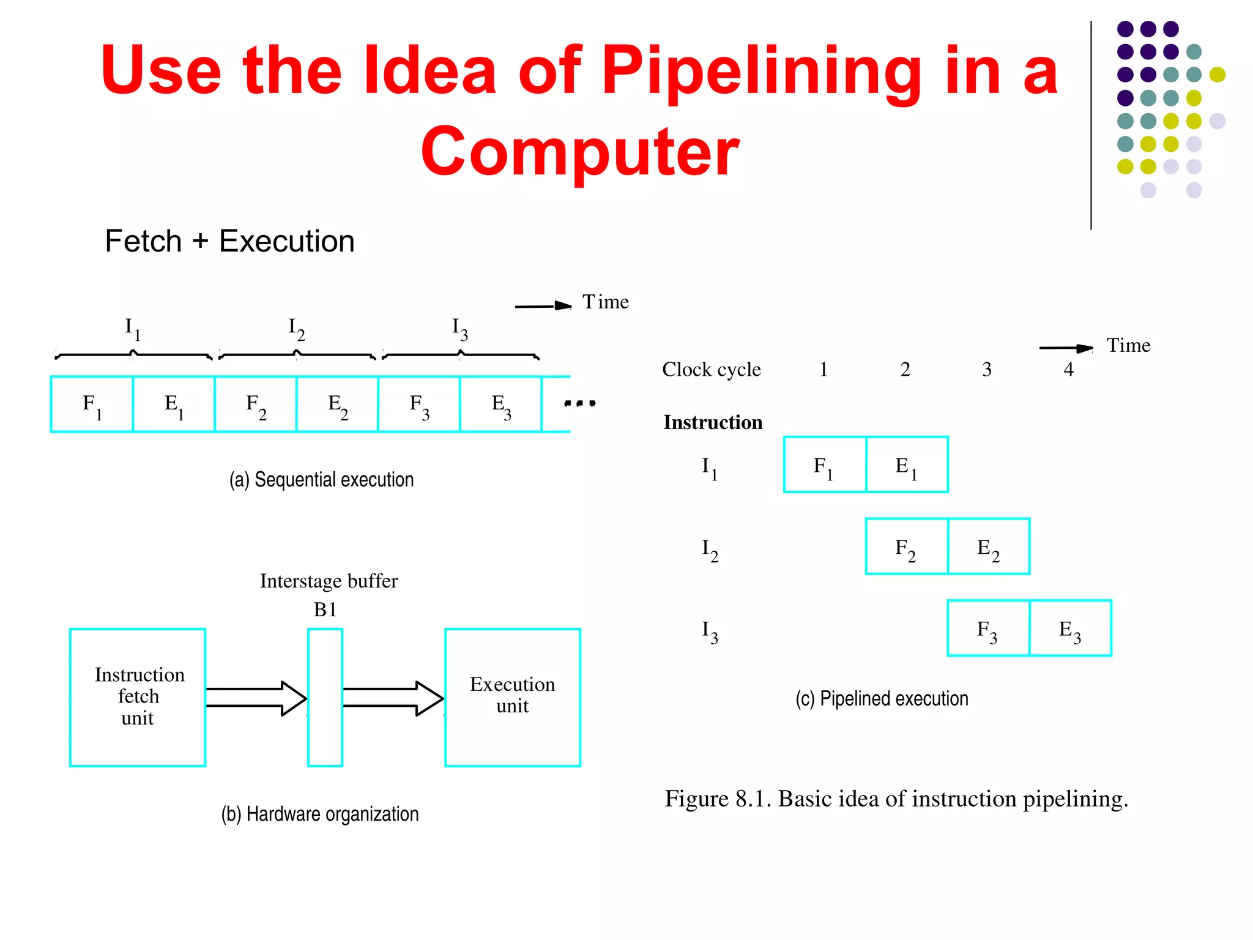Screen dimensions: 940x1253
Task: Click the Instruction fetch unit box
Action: [x=138, y=697]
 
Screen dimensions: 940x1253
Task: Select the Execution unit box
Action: [x=512, y=697]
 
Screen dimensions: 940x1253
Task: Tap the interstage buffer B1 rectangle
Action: [x=325, y=697]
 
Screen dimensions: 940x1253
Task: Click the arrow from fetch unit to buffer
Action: [x=256, y=698]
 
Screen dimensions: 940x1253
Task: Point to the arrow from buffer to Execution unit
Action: [x=392, y=698]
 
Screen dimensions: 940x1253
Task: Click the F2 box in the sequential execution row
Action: [x=256, y=405]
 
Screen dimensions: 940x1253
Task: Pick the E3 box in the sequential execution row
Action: [x=500, y=405]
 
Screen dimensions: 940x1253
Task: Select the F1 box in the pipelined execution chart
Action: [x=825, y=464]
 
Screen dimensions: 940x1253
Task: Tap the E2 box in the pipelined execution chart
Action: [x=989, y=546]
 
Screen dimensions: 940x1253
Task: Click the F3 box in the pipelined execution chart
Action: [x=988, y=628]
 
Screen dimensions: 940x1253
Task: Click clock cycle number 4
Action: [x=1068, y=369]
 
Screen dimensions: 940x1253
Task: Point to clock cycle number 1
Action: [x=824, y=369]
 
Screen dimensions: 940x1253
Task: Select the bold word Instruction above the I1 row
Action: [x=713, y=422]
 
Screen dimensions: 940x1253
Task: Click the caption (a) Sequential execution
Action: [x=321, y=479]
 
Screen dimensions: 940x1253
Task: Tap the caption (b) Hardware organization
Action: [x=320, y=814]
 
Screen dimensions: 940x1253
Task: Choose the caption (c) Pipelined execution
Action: [x=882, y=698]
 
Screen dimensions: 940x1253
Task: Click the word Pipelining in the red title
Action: [x=760, y=72]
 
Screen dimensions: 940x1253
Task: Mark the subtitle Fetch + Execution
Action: [x=229, y=241]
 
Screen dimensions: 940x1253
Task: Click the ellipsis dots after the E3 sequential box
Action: [x=579, y=403]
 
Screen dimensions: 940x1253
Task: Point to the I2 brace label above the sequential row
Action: [x=297, y=329]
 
